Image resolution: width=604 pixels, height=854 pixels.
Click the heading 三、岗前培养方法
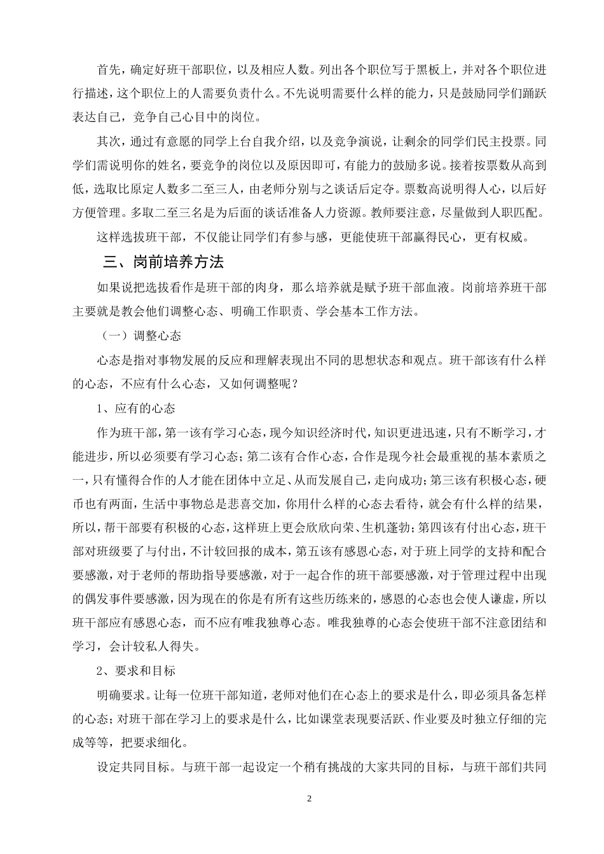163,261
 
